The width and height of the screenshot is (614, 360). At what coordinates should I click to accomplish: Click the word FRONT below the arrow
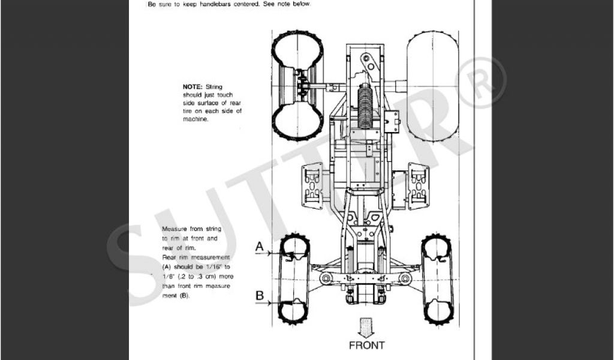coord(366,345)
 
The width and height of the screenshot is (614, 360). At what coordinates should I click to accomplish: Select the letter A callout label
coord(260,246)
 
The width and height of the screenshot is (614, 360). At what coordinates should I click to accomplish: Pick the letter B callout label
coord(260,295)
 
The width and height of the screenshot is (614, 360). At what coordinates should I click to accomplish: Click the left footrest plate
coord(312,185)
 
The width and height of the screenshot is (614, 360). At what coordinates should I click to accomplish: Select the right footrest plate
coord(418,185)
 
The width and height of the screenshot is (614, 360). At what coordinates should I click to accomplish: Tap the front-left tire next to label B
coord(294,306)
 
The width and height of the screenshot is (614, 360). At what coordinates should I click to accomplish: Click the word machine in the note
coord(195,119)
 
